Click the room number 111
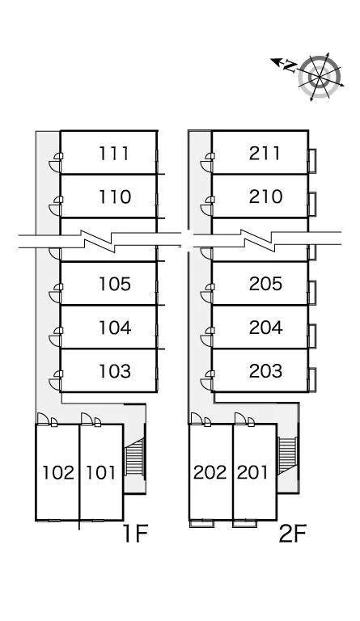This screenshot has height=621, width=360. (114, 154)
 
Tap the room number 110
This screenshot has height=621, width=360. (114, 196)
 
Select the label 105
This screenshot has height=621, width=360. (114, 284)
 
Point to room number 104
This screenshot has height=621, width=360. (114, 327)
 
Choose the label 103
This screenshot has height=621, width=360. (114, 371)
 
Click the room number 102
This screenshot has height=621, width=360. (58, 472)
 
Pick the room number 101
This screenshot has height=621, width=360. (100, 472)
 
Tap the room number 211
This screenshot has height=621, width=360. (265, 154)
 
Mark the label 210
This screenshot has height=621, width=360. (265, 196)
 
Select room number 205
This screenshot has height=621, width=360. (265, 284)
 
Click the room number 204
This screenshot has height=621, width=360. (265, 327)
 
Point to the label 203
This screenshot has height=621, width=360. (265, 371)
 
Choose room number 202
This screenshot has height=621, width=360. (210, 472)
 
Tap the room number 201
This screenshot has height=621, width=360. (252, 472)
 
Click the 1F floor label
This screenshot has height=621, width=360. (135, 534)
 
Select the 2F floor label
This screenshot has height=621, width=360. (293, 534)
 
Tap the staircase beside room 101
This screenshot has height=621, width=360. (135, 457)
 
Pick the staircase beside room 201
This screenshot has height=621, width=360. (286, 455)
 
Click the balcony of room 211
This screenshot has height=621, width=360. (312, 160)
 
